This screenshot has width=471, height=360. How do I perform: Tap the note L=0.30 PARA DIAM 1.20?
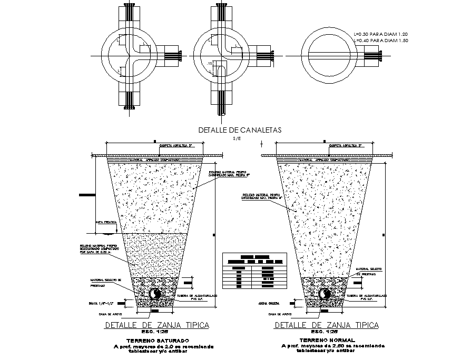click(381, 34)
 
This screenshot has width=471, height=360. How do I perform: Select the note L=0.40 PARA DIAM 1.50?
click(381, 41)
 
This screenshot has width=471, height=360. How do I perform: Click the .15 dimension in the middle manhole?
click(211, 64)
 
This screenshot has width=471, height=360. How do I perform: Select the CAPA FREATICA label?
click(106, 223)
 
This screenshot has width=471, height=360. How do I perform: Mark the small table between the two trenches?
click(254, 271)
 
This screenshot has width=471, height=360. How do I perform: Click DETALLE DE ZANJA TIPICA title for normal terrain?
click(327, 325)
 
